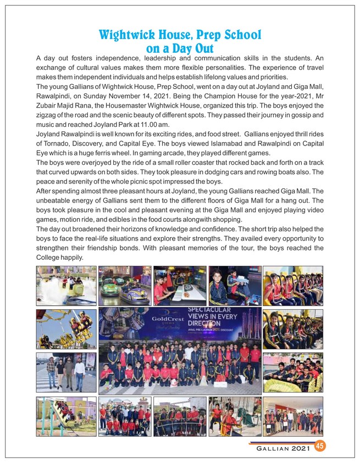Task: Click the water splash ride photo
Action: coord(66,286)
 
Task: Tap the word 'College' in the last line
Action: coord(51,258)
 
